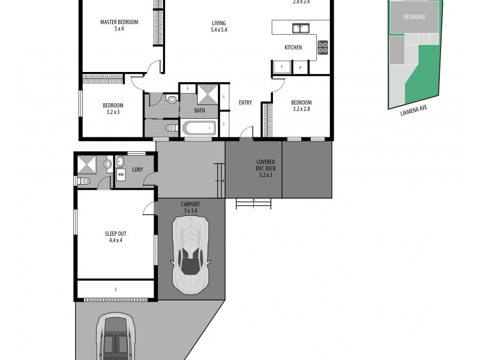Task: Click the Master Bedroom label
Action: click(119, 25)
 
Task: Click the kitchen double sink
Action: click(300, 28)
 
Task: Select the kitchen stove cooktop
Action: click(323, 47)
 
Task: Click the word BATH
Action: click(200, 110)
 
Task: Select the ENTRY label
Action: click(245, 103)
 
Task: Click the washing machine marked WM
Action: click(121, 175)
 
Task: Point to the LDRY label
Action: click(137, 170)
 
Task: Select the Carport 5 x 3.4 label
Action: click(190, 208)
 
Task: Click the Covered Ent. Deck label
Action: click(265, 169)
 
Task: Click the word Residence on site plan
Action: click(414, 17)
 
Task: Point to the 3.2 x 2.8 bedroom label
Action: click(301, 106)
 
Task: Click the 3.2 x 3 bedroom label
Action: click(113, 109)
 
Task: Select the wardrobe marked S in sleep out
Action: click(115, 290)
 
